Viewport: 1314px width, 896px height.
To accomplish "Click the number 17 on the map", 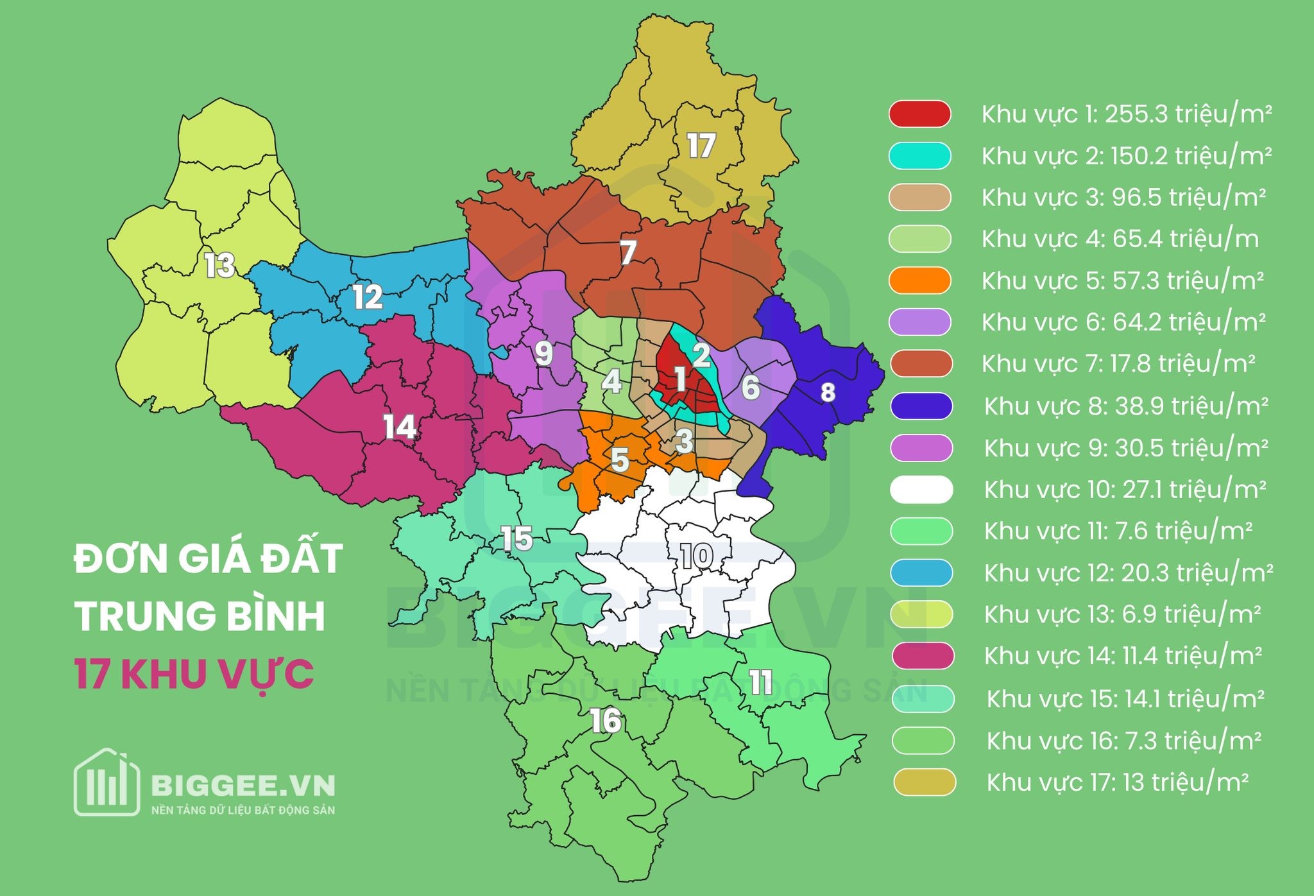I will [x=701, y=146].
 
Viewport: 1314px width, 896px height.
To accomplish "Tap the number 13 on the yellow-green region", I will [x=219, y=265].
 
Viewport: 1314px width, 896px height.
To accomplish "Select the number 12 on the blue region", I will [x=368, y=297].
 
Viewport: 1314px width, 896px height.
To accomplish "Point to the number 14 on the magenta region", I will [x=400, y=427].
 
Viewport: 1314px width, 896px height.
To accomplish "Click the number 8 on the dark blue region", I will [x=828, y=392].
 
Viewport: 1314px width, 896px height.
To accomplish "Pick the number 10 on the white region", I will [x=697, y=556].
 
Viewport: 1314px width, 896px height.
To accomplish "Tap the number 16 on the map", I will [x=606, y=721].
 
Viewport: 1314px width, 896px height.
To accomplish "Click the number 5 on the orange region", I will [x=619, y=460].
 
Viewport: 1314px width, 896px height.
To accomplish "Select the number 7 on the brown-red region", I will [x=627, y=253].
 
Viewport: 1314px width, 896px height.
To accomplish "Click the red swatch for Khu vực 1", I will [x=919, y=114].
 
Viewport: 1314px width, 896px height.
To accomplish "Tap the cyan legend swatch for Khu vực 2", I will [x=919, y=156].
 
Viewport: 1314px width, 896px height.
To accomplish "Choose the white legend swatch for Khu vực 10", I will [x=921, y=490].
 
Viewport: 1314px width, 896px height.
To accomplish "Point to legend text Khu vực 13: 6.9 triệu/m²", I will [x=1122, y=614].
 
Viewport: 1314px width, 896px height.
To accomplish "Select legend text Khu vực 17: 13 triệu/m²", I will [x=1117, y=782].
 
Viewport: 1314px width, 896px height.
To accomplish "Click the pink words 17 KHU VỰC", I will [x=194, y=674].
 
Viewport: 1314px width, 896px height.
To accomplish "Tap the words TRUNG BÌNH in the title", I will [x=200, y=616].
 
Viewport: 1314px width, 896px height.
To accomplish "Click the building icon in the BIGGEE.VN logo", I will [x=107, y=782].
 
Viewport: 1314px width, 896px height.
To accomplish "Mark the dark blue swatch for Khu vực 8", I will [x=921, y=406].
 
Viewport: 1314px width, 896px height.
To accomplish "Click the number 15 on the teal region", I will [x=516, y=538].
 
